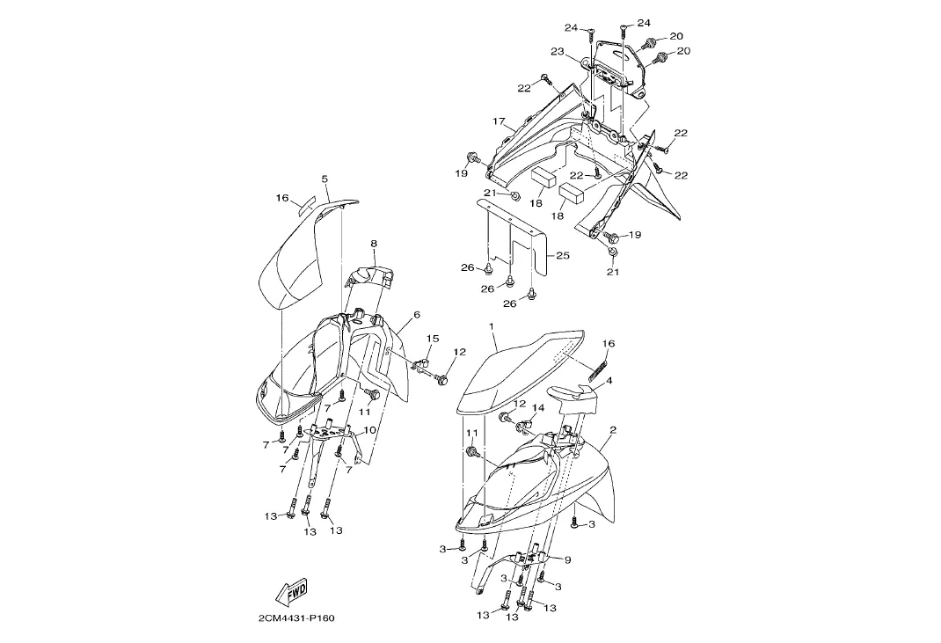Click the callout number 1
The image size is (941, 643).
click(x=493, y=326)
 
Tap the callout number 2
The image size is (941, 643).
click(x=612, y=430)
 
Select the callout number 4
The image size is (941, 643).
click(x=609, y=381)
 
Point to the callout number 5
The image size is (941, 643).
click(x=325, y=179)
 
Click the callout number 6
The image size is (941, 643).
click(x=416, y=314)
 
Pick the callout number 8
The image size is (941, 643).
click(x=373, y=243)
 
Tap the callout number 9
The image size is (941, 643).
click(x=567, y=559)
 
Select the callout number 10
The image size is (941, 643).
click(x=369, y=430)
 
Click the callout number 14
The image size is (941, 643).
click(x=539, y=407)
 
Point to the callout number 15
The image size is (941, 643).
click(x=433, y=339)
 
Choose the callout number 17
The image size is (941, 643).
click(x=498, y=121)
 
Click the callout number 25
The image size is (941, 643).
click(x=563, y=256)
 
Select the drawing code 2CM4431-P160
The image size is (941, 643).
click(x=296, y=617)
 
